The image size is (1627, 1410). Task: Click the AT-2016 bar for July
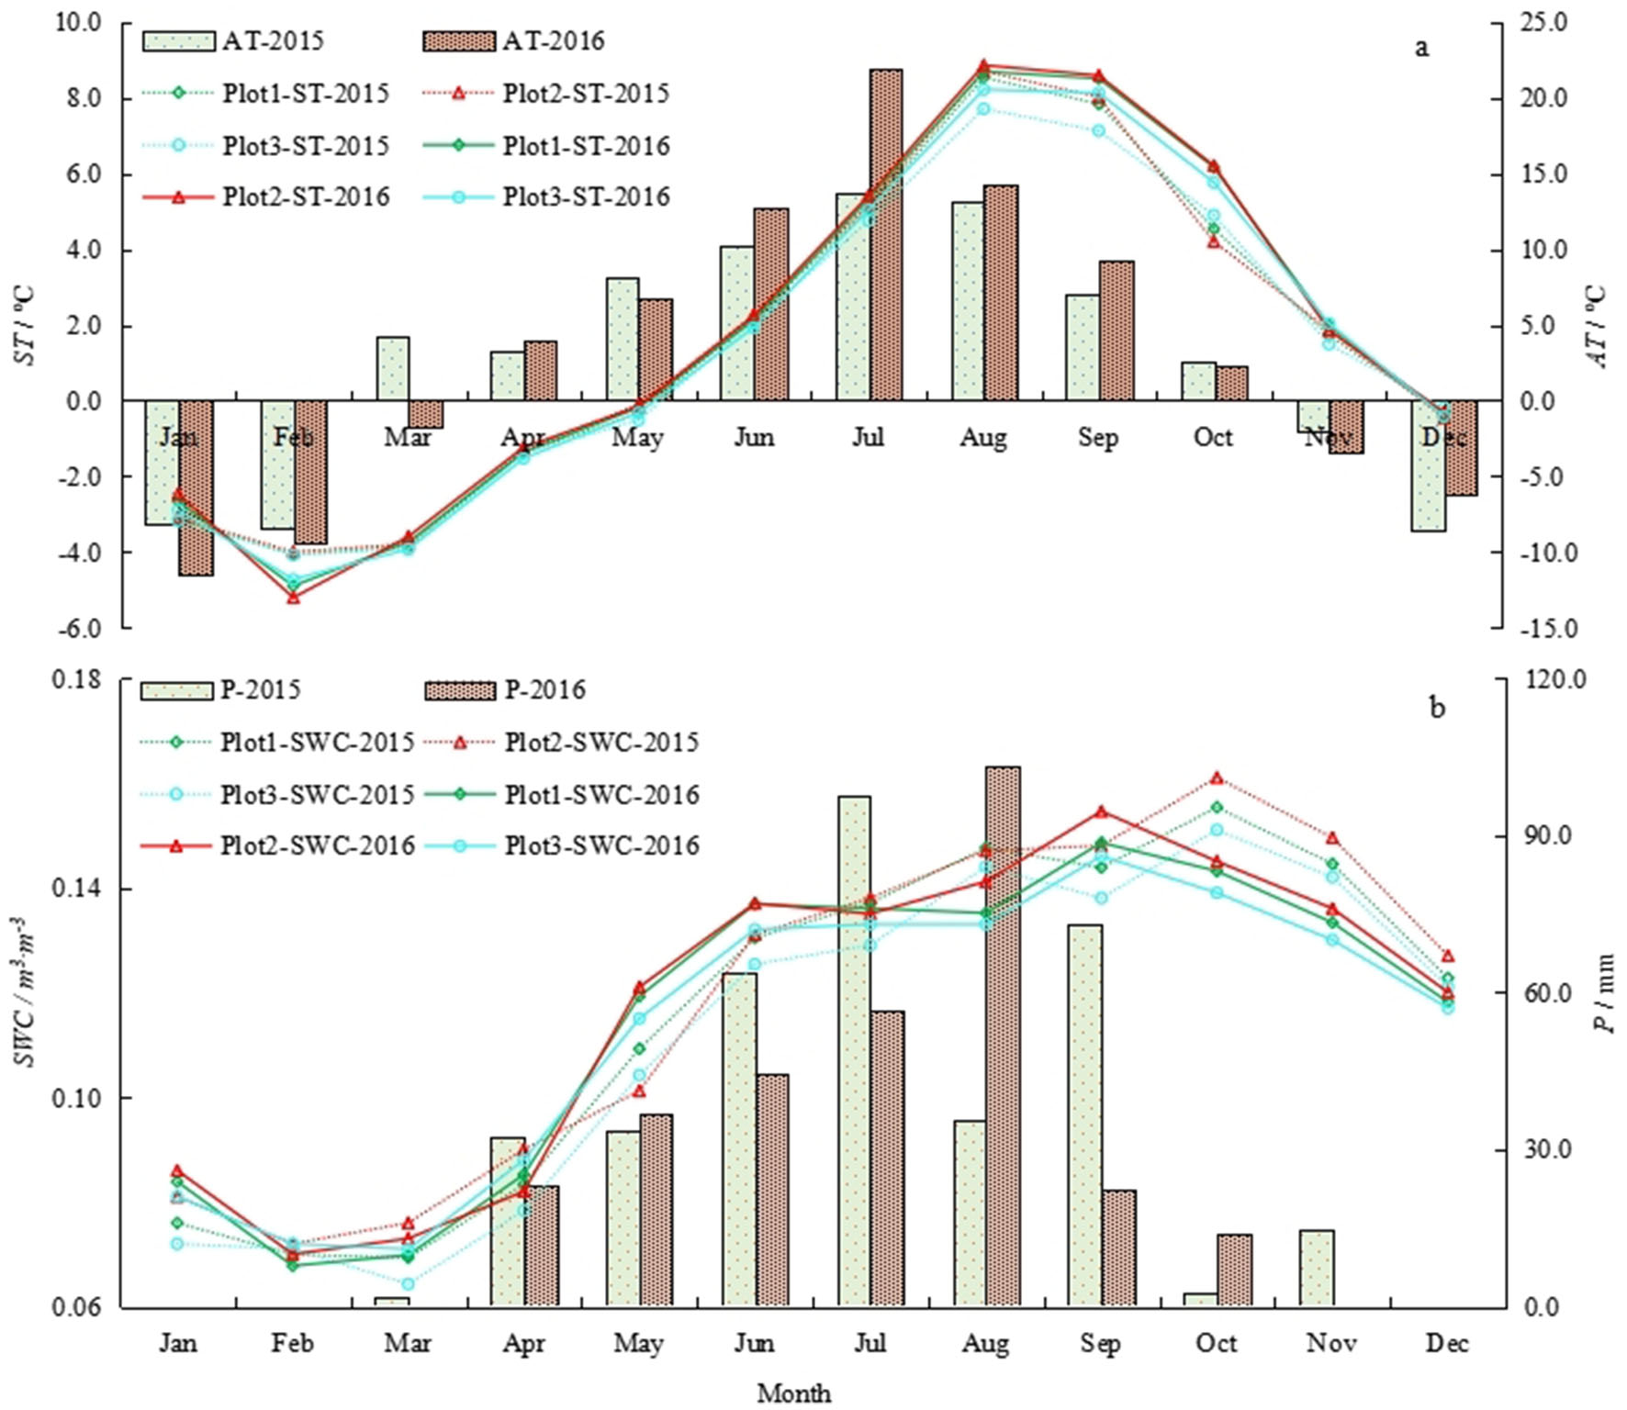tap(886, 234)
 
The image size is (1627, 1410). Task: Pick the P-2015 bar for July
tap(854, 1050)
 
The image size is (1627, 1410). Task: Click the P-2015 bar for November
tap(1316, 1268)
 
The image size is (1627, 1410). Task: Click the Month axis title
tap(794, 1393)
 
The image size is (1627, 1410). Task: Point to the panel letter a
tap(1422, 48)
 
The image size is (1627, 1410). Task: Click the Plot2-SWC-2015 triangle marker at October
tap(1217, 778)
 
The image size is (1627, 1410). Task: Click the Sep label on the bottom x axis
tap(1100, 1344)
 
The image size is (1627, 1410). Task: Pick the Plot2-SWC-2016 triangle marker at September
tap(1101, 811)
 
